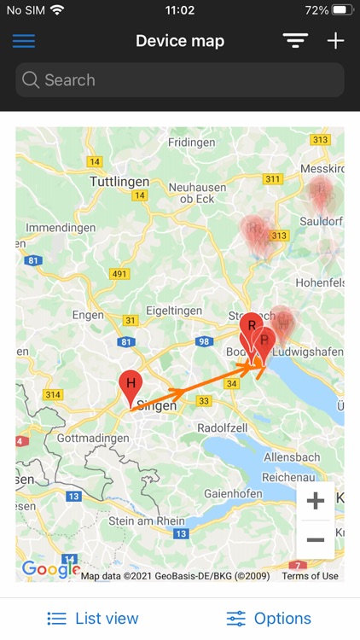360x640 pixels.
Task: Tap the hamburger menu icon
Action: (24, 41)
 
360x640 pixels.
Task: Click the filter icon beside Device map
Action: (295, 41)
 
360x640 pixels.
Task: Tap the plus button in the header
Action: (335, 41)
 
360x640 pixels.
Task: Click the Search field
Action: (180, 80)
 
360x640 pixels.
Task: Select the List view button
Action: (93, 619)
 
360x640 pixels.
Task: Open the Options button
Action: (269, 619)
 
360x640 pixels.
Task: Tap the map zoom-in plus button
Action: (316, 502)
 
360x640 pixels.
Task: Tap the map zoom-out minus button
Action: (316, 540)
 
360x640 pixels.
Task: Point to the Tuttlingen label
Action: (119, 182)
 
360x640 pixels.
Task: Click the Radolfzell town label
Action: (224, 427)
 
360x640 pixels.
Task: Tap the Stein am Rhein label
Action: (147, 521)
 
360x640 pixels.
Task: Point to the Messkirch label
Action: (319, 170)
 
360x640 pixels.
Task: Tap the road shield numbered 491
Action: (119, 274)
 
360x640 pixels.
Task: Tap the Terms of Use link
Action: (310, 576)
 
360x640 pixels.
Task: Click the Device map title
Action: (180, 41)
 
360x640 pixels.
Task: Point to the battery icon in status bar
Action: (341, 10)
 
